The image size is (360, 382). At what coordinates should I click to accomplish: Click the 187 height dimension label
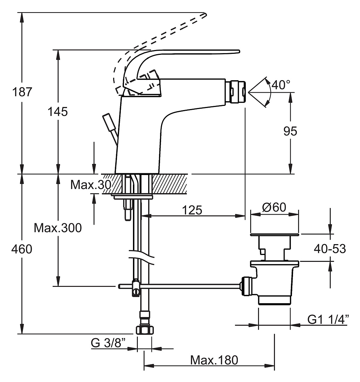(x=22, y=92)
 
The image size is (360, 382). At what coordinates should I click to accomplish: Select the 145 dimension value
(x=58, y=112)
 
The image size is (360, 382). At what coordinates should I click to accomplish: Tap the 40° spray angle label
(x=281, y=85)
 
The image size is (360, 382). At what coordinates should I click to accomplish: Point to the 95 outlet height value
(x=290, y=131)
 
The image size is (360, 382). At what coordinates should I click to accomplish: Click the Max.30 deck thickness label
(x=91, y=185)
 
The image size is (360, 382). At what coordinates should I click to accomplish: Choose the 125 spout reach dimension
(x=192, y=210)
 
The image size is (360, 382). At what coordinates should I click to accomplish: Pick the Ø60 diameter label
(x=274, y=207)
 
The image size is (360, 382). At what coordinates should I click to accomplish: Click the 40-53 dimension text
(x=330, y=249)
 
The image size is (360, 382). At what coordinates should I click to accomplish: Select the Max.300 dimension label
(x=58, y=228)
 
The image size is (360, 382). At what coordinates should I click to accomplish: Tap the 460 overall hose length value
(x=22, y=249)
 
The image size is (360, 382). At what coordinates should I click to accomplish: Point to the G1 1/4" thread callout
(x=328, y=319)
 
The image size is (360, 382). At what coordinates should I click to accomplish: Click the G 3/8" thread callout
(x=108, y=343)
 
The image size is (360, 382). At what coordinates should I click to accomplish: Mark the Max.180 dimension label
(x=214, y=360)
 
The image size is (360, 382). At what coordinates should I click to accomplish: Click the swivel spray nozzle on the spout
(x=235, y=92)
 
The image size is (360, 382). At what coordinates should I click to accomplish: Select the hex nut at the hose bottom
(x=145, y=330)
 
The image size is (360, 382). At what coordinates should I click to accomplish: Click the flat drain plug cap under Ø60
(x=275, y=235)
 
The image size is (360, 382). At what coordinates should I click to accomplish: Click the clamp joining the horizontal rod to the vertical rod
(x=136, y=288)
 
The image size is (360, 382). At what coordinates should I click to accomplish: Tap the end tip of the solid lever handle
(x=239, y=51)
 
